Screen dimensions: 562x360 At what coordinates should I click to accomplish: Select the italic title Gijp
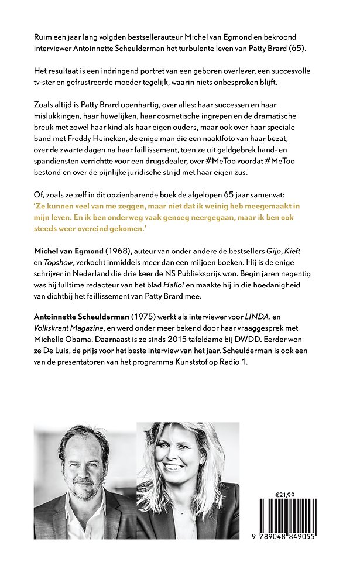tap(286, 251)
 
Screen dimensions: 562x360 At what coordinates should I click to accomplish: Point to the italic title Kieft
tap(308, 251)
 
